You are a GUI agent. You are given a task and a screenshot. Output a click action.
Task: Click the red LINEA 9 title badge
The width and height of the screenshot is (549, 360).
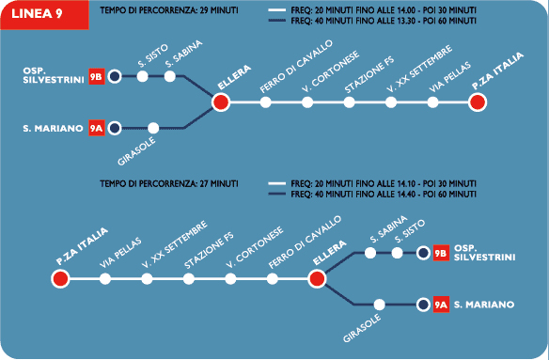click(x=44, y=15)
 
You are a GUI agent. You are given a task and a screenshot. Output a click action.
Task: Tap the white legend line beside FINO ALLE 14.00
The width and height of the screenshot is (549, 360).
click(x=277, y=10)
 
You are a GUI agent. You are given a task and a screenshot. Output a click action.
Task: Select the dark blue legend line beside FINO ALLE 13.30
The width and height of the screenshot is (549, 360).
click(x=277, y=21)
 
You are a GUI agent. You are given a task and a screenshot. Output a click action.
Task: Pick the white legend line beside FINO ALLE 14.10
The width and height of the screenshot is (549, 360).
click(x=277, y=183)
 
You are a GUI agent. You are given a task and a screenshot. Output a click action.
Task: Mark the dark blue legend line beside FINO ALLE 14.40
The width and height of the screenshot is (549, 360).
click(x=277, y=194)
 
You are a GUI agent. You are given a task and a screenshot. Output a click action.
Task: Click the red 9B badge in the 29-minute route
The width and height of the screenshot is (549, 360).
click(x=97, y=76)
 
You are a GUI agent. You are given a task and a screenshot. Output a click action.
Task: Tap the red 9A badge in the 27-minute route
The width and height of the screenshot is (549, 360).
click(x=441, y=305)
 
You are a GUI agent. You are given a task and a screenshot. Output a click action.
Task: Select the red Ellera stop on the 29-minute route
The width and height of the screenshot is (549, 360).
click(x=221, y=102)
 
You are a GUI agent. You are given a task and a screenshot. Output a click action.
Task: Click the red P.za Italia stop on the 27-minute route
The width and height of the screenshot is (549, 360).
click(x=60, y=279)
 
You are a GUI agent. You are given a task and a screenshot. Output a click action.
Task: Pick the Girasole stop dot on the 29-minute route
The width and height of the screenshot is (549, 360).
click(x=153, y=128)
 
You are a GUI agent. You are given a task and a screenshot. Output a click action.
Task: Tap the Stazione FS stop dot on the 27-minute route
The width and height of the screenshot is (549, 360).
click(x=189, y=279)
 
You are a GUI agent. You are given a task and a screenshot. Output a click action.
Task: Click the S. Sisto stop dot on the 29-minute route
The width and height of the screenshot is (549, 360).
click(x=142, y=76)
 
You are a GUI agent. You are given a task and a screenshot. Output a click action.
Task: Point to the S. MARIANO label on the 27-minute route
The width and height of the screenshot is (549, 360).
click(x=484, y=305)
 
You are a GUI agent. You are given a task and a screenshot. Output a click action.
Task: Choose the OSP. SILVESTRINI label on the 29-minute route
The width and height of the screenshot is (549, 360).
click(x=54, y=75)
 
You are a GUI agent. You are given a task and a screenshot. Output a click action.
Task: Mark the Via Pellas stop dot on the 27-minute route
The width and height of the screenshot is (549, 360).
click(x=105, y=279)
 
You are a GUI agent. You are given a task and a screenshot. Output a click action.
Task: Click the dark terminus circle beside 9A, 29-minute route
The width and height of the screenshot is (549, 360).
click(x=115, y=128)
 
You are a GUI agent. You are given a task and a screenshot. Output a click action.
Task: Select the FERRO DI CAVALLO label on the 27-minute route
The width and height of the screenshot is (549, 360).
click(x=305, y=243)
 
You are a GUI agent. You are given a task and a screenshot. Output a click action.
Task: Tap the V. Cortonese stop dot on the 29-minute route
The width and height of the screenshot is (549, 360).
click(x=307, y=102)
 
